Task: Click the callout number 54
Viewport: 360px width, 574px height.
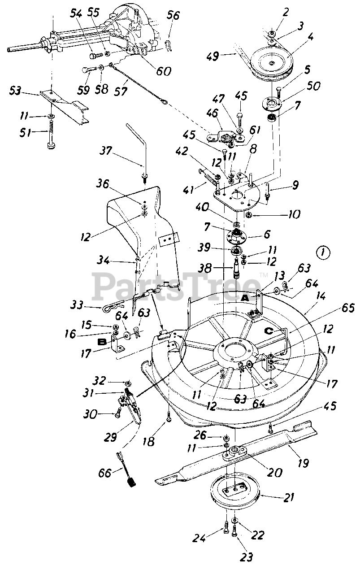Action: [76, 13]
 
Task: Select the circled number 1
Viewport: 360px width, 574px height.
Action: [323, 253]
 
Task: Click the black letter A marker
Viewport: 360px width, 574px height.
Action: [246, 298]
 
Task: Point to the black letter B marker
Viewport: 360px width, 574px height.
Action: [101, 342]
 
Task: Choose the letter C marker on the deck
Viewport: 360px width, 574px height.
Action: [268, 331]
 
